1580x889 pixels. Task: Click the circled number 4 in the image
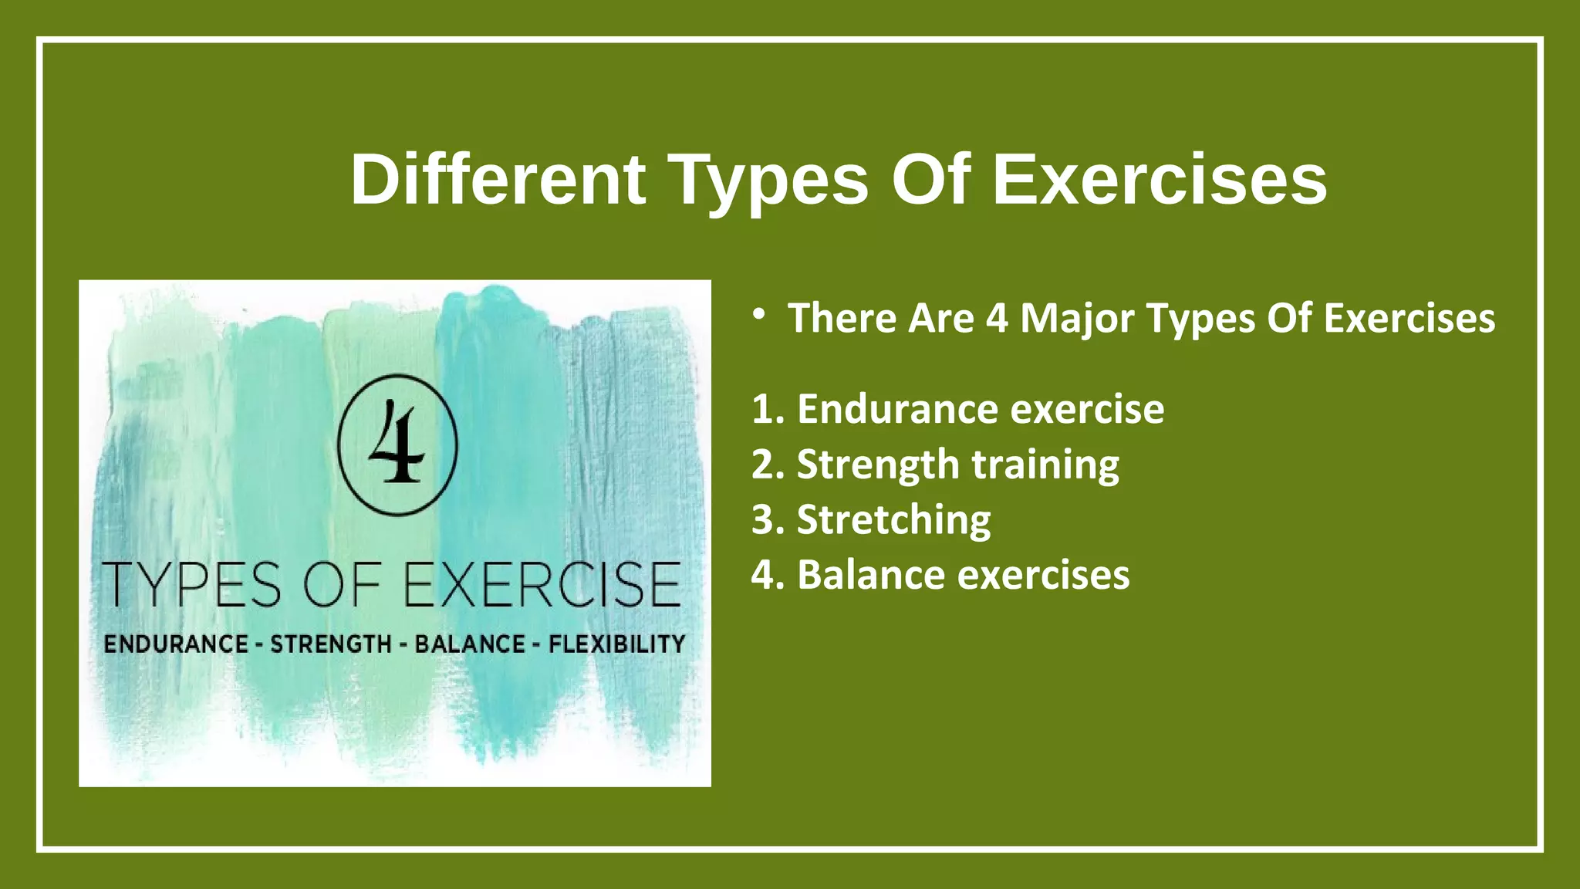click(397, 446)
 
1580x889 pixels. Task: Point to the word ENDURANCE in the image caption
click(176, 644)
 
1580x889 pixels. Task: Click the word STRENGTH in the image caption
click(331, 644)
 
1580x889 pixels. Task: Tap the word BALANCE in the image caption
click(470, 644)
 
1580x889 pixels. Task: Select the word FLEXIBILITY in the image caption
click(616, 644)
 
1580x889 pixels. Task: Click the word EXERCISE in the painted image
click(542, 584)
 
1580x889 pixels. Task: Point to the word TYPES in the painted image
click(192, 584)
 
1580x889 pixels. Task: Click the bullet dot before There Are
click(759, 313)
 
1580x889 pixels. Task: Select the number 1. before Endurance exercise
click(768, 409)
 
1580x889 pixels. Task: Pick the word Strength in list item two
click(877, 465)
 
